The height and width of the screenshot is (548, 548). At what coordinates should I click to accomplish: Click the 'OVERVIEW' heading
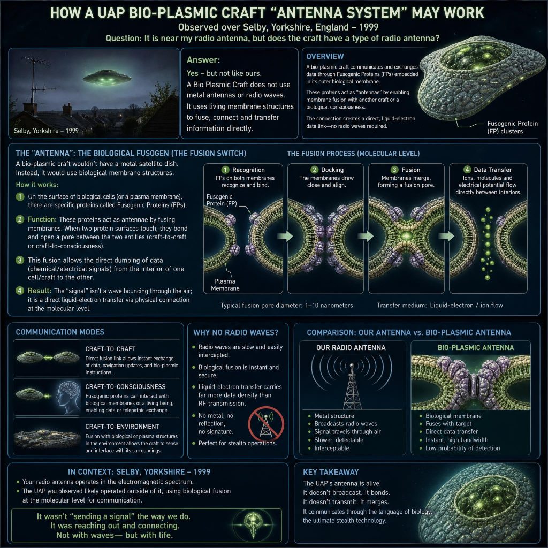coord(325,56)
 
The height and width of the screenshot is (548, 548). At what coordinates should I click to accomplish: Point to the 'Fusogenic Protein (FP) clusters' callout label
coord(512,127)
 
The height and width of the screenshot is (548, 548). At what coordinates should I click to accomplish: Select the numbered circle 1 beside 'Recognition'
coord(225,170)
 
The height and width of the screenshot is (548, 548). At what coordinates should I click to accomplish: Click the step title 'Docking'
coord(332,170)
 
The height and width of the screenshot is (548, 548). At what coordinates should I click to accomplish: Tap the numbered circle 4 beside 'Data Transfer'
coord(467,170)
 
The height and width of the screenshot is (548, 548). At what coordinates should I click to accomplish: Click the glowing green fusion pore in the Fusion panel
coord(406,235)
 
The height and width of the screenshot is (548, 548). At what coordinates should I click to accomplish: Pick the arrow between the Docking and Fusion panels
coord(366,236)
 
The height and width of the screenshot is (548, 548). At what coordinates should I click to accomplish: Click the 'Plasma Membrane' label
coord(225,285)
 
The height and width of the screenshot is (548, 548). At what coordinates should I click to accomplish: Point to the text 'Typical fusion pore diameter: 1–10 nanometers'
coord(287,306)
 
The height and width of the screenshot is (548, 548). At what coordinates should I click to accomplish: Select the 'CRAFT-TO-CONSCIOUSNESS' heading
coord(125,386)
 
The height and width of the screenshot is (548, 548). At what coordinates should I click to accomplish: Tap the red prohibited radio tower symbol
coord(266,424)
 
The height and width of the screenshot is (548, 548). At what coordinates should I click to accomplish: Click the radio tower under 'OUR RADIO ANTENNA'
coord(352,386)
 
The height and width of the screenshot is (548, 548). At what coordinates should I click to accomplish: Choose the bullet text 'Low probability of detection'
coord(463,448)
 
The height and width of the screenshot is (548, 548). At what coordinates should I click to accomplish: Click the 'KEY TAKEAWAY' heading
coord(331,472)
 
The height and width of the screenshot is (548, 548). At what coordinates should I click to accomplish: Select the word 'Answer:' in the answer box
coord(203,60)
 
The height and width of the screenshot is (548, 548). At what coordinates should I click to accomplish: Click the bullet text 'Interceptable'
coord(332,448)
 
